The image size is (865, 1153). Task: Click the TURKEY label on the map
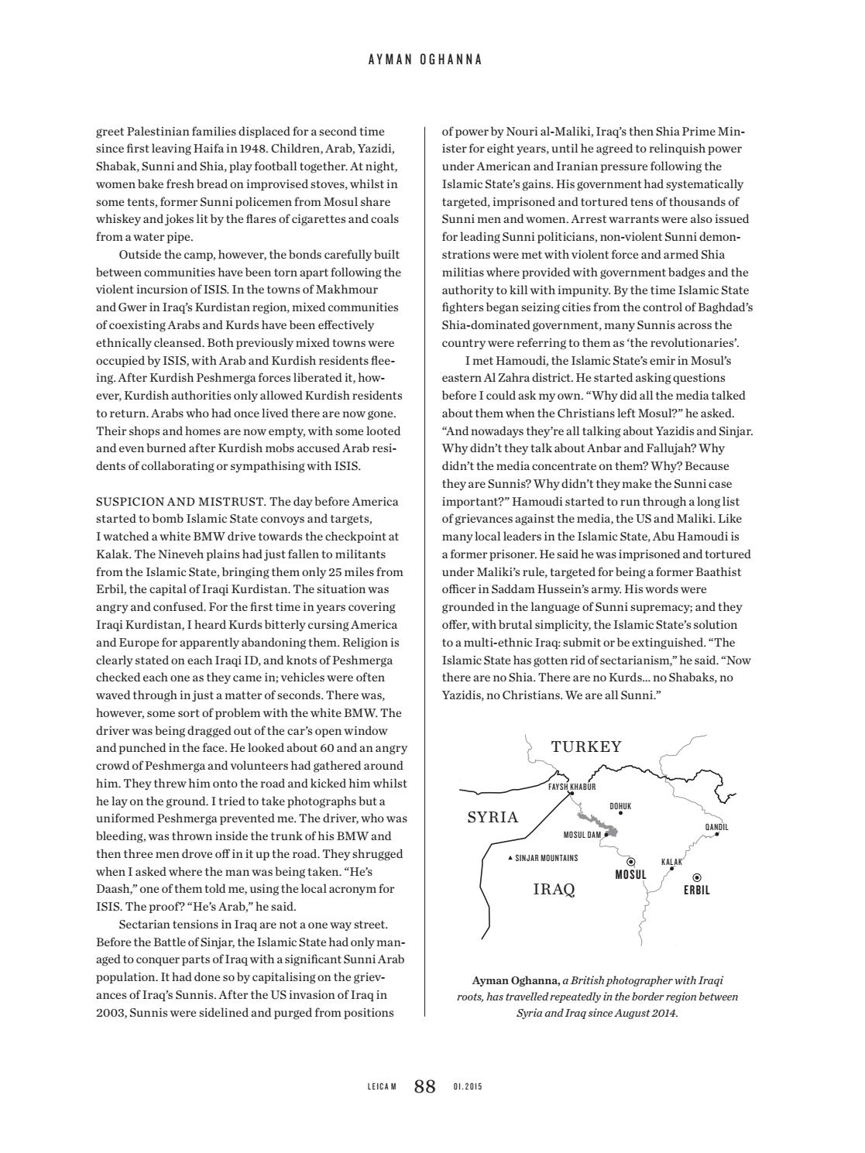pyautogui.click(x=586, y=746)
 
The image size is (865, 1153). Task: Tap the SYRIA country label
pyautogui.click(x=493, y=818)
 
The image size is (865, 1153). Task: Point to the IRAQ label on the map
pyautogui.click(x=554, y=889)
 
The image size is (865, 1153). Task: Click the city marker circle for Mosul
pyautogui.click(x=630, y=861)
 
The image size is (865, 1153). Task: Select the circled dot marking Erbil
pyautogui.click(x=697, y=877)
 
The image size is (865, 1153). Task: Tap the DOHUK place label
pyautogui.click(x=620, y=806)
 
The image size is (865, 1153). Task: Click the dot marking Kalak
pyautogui.click(x=671, y=869)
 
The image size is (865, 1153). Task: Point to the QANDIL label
pyautogui.click(x=716, y=827)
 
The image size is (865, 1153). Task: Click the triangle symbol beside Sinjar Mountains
pyautogui.click(x=510, y=858)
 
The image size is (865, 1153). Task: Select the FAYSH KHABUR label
pyautogui.click(x=572, y=787)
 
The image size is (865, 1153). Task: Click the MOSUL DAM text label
pyautogui.click(x=582, y=836)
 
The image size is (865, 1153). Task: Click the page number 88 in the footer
pyautogui.click(x=425, y=1086)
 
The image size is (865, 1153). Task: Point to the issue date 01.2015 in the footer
pyautogui.click(x=468, y=1087)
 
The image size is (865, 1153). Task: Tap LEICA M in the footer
pyautogui.click(x=382, y=1087)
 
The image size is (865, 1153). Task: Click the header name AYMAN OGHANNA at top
pyautogui.click(x=425, y=60)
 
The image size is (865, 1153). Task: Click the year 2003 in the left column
pyautogui.click(x=111, y=1012)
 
